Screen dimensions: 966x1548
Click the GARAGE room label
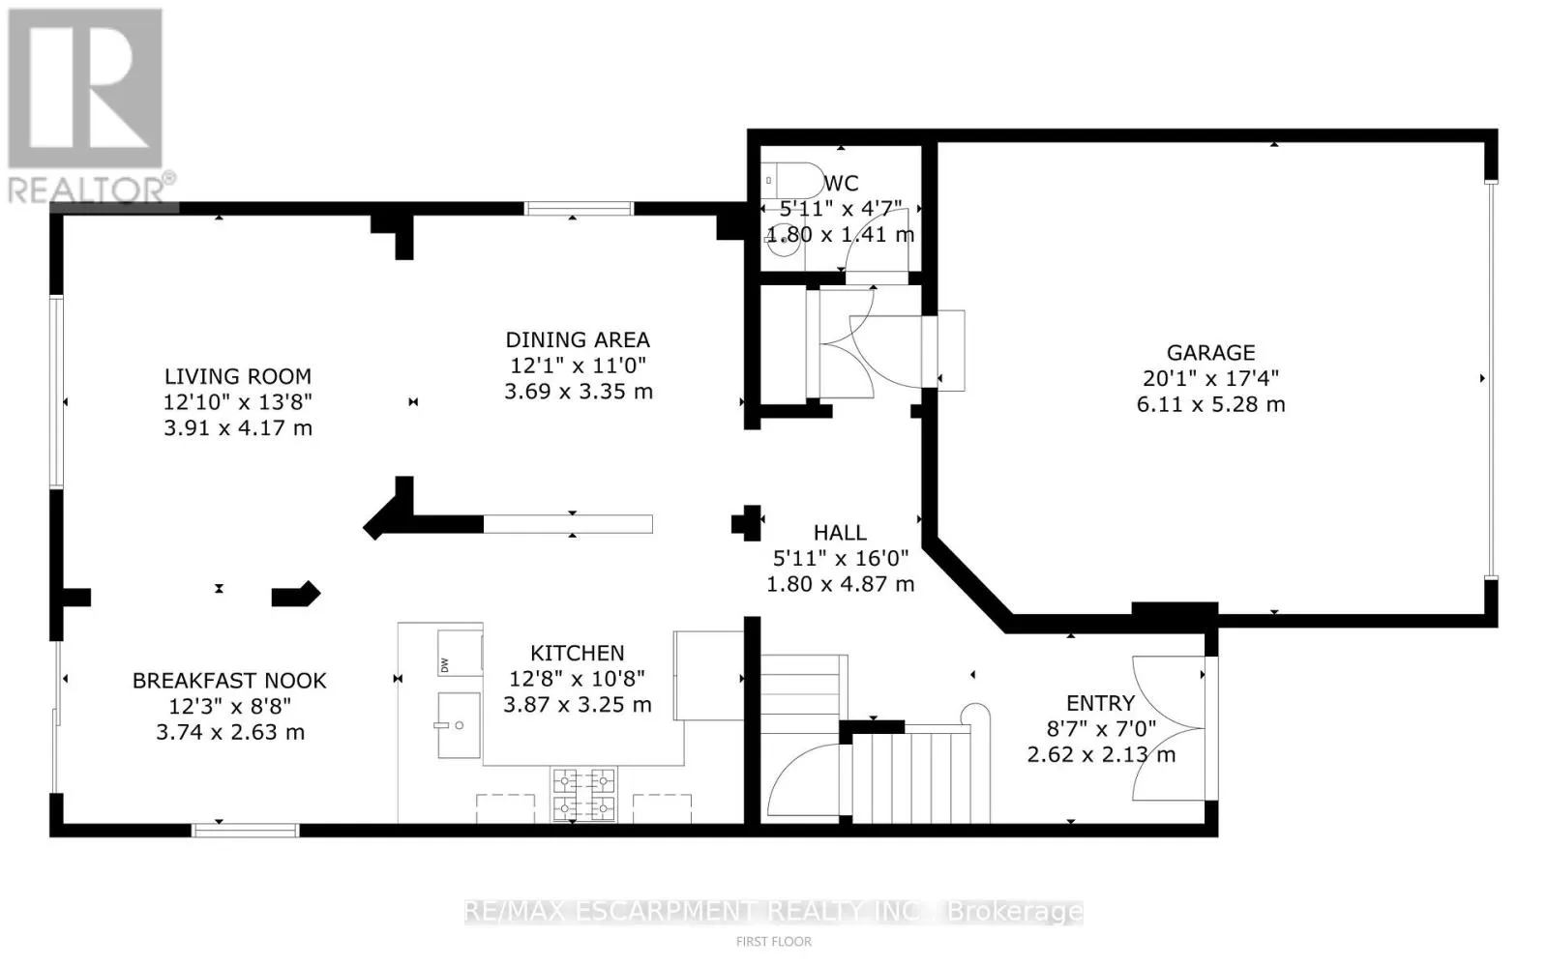point(1210,353)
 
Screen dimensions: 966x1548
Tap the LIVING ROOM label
point(237,377)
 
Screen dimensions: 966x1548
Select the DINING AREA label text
point(578,340)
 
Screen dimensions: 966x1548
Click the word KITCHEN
point(577,654)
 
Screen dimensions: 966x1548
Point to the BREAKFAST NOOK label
point(229,681)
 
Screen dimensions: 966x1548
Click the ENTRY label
point(1100,704)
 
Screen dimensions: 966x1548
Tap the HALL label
point(840,533)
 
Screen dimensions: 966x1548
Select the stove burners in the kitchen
point(583,793)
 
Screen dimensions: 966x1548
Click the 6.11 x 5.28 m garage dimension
point(1210,405)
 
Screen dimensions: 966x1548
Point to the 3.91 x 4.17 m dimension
point(237,428)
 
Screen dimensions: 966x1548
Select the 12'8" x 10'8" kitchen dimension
point(577,679)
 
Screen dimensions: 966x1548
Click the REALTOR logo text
point(92,189)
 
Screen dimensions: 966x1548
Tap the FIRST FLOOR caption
point(773,941)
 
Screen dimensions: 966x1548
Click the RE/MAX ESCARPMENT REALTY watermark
point(773,911)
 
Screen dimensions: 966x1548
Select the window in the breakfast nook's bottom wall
point(245,830)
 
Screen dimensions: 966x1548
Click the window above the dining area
point(579,208)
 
